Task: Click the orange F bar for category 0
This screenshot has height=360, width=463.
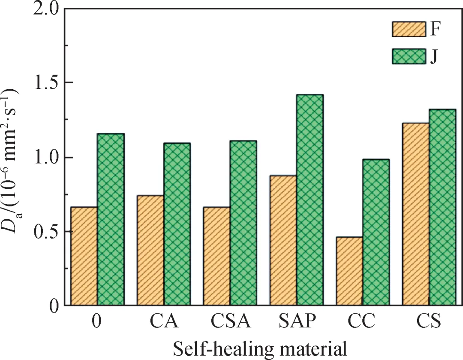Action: [84, 256]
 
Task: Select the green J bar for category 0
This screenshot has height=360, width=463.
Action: [110, 220]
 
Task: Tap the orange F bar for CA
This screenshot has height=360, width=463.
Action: [150, 250]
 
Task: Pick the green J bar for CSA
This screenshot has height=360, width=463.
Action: [243, 223]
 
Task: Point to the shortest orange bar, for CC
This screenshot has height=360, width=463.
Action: [349, 271]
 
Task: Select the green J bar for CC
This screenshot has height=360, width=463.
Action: [376, 232]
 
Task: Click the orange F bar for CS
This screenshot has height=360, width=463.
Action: [416, 214]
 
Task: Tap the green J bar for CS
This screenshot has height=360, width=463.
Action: [442, 207]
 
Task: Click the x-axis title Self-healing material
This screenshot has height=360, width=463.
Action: [259, 347]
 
